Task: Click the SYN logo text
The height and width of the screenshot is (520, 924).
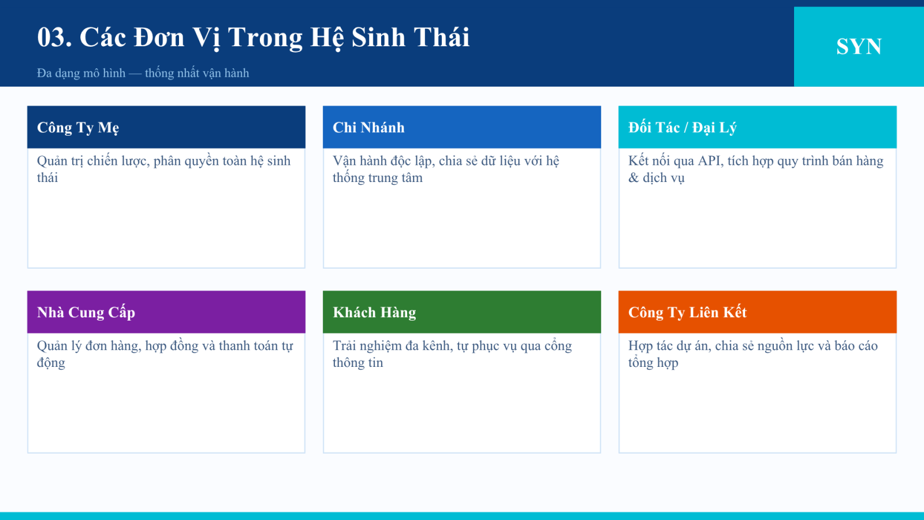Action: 859,46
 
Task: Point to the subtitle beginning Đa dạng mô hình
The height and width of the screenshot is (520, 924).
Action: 143,73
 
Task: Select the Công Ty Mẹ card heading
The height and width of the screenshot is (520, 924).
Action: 78,128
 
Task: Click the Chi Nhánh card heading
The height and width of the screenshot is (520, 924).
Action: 368,128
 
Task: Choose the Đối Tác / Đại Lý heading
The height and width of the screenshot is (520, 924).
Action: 682,128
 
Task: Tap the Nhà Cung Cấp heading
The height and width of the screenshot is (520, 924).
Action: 86,313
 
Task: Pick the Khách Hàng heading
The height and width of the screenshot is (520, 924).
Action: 374,313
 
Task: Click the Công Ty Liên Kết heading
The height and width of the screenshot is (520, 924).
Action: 687,313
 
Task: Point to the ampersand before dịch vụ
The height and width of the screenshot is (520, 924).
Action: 634,178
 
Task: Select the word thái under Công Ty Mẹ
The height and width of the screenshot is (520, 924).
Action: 47,178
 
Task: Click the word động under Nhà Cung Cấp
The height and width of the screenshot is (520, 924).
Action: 51,363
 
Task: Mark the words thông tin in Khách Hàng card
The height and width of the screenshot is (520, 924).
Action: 358,363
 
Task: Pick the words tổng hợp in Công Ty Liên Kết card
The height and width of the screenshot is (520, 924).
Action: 653,363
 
